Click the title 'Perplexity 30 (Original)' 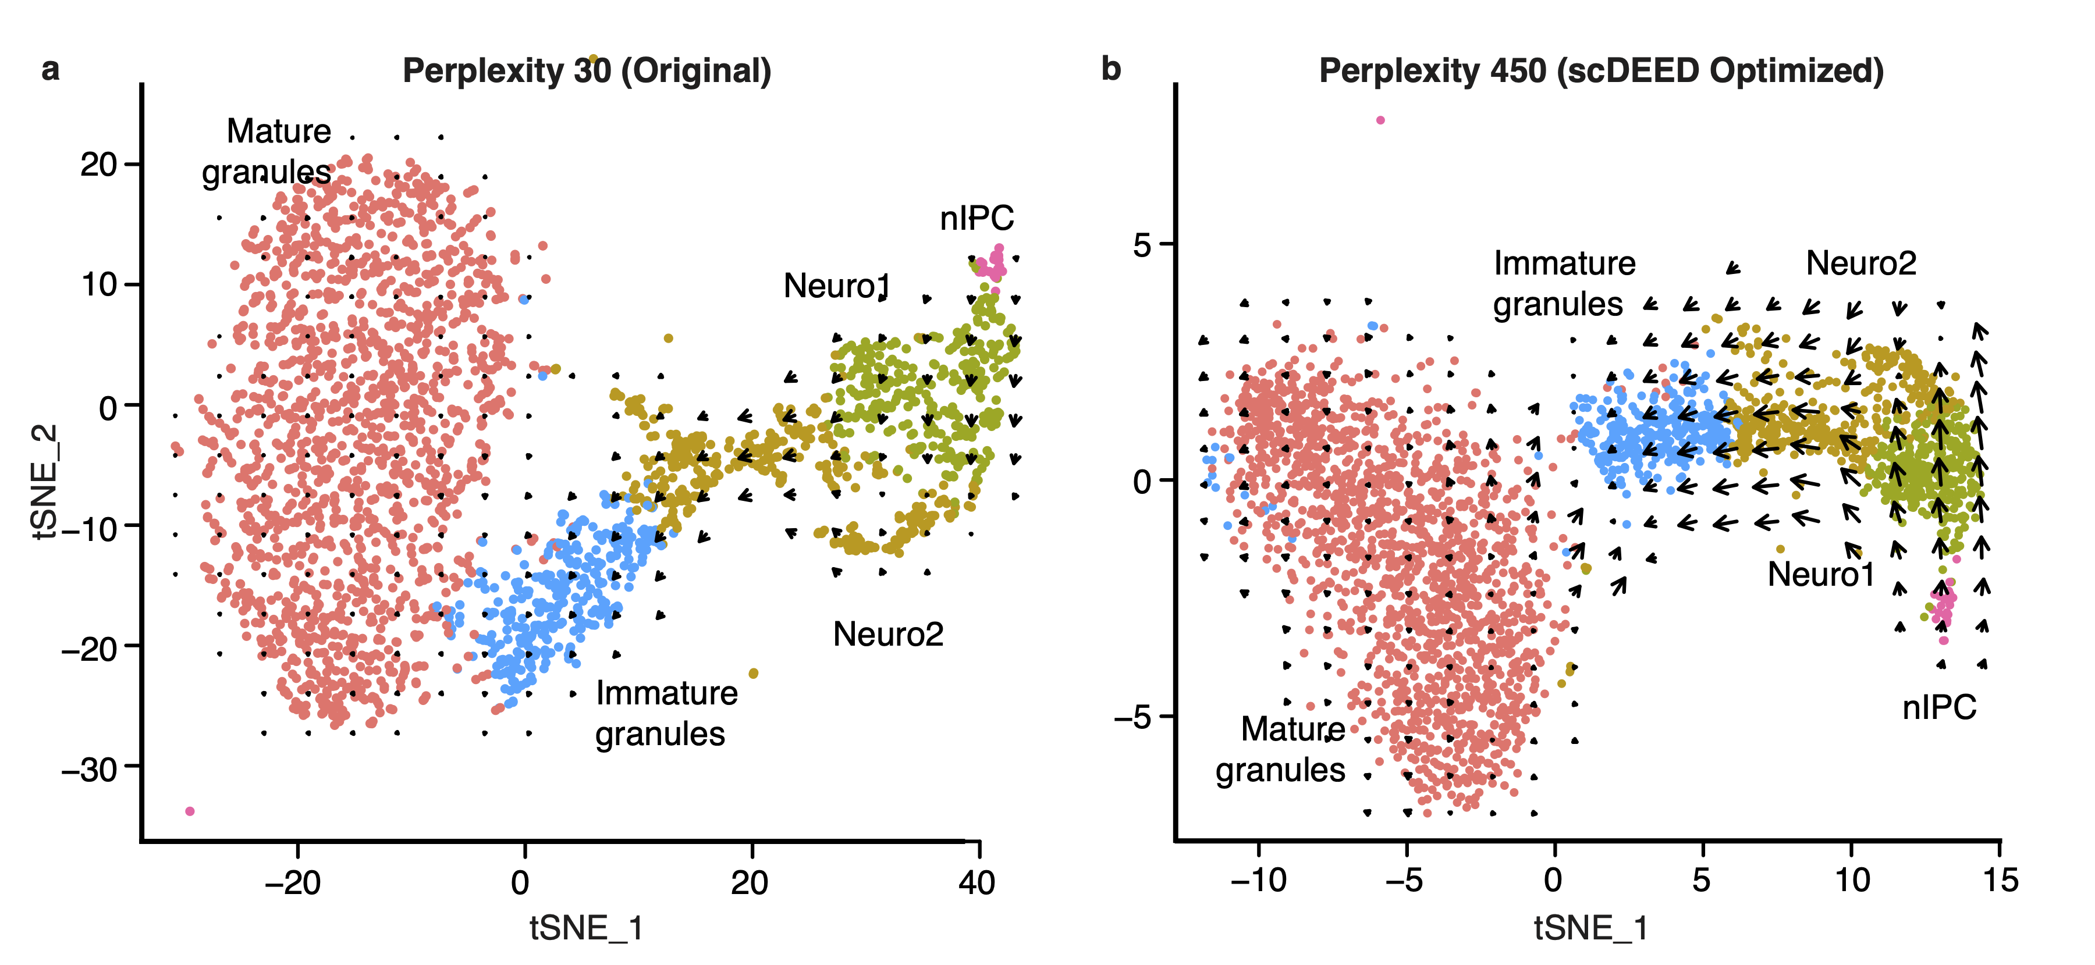(x=587, y=72)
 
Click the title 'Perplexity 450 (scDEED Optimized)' (x=1600, y=72)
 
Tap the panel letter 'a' (x=51, y=70)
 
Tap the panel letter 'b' (x=1110, y=70)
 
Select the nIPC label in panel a (x=977, y=218)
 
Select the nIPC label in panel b (x=1939, y=708)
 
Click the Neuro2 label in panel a (x=888, y=634)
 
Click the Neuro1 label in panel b (x=1821, y=575)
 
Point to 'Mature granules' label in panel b (x=1283, y=749)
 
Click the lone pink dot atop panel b (x=1380, y=120)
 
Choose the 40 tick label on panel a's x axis (x=977, y=882)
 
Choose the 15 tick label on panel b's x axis (x=2000, y=881)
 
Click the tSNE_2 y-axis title (x=45, y=480)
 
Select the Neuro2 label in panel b (x=1861, y=263)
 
